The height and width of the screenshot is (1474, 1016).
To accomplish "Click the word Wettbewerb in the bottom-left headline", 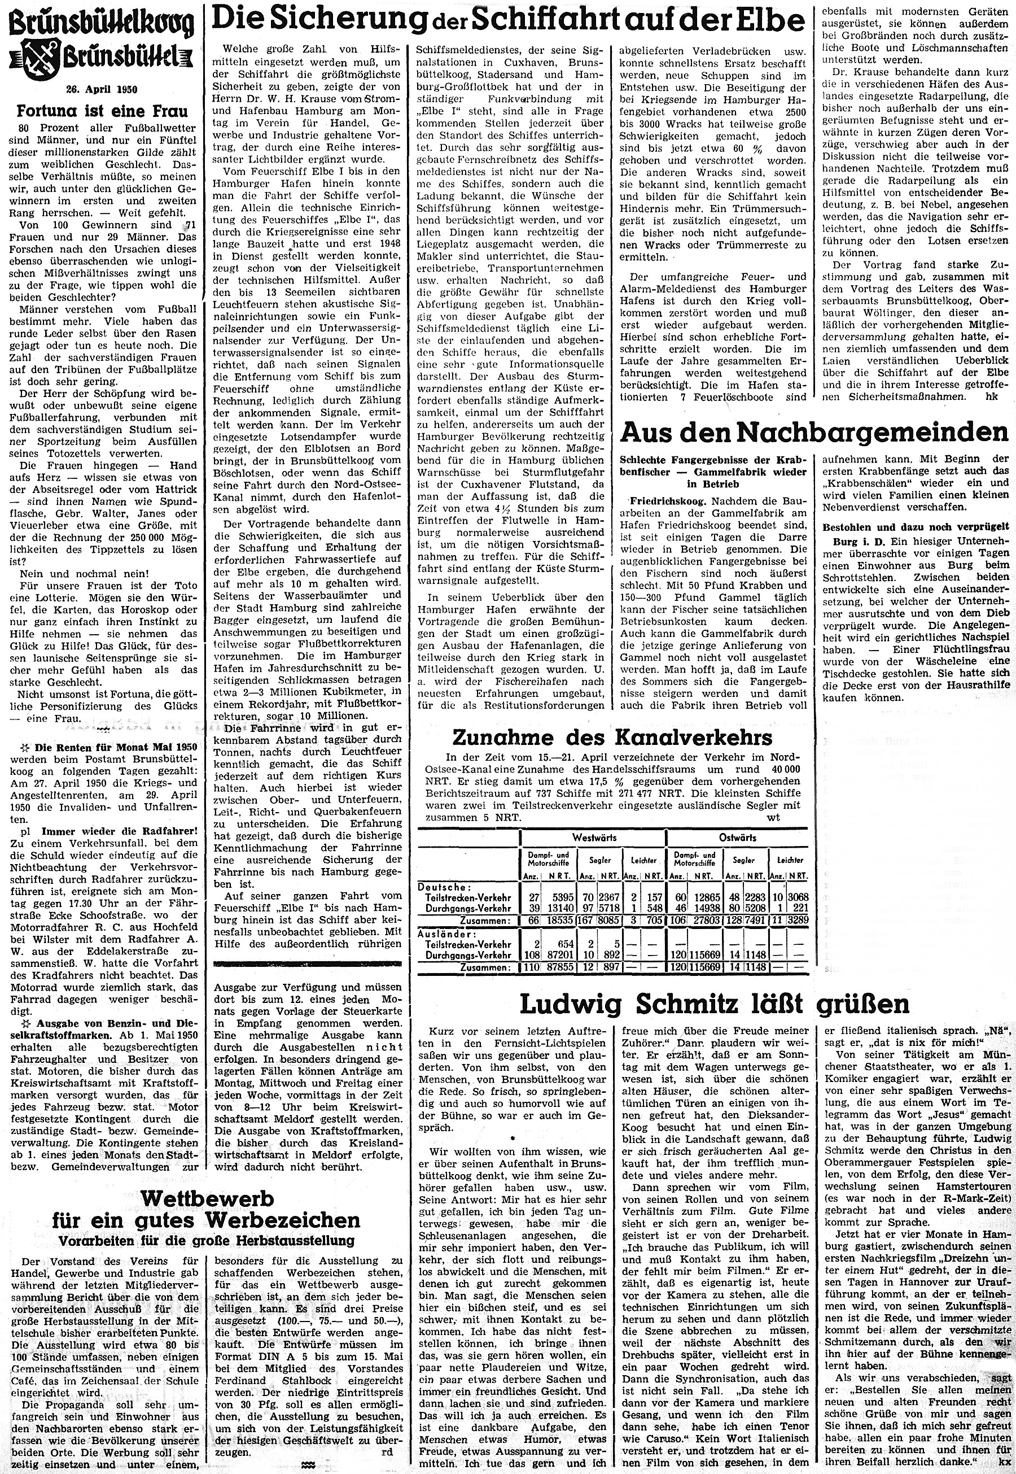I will point(207,1180).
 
